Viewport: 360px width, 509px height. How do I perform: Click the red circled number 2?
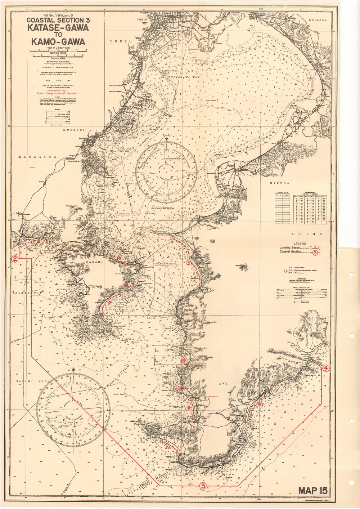click(x=15, y=259)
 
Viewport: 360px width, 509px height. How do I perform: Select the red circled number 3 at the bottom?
click(x=203, y=486)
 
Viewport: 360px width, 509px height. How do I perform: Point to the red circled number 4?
click(x=325, y=368)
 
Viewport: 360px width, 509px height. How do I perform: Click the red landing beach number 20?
click(x=260, y=405)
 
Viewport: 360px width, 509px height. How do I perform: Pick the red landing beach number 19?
click(x=168, y=447)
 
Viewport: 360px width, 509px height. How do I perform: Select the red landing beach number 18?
click(x=188, y=407)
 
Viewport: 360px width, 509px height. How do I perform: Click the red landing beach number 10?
click(x=32, y=242)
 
